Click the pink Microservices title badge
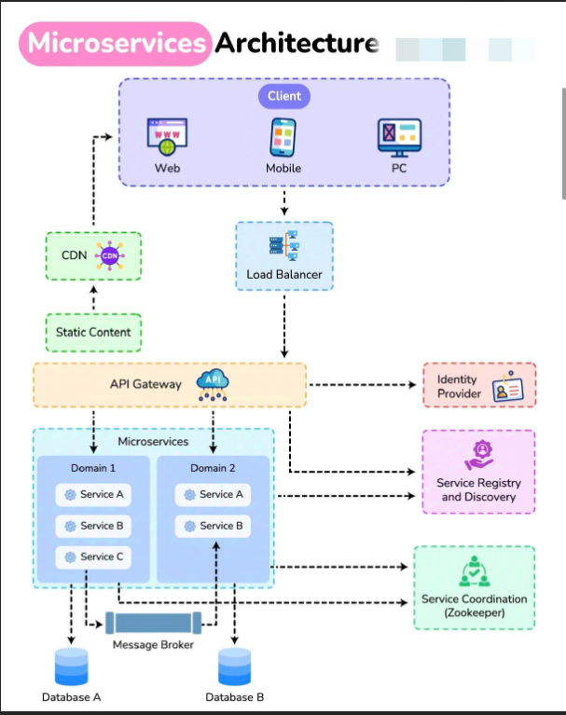coord(116,44)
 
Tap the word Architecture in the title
coord(297,44)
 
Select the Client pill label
coord(284,95)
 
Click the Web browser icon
coord(167,137)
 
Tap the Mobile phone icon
coord(283,137)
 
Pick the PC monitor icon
coord(399,137)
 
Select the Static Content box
coord(93,332)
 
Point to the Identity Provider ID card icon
coord(509,386)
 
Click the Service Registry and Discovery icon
coord(478,455)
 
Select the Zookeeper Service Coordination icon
coord(474,571)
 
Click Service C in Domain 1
coord(93,557)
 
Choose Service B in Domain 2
coord(213,526)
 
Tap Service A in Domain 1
coord(93,494)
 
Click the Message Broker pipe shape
coord(154,623)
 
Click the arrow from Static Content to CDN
coord(93,296)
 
